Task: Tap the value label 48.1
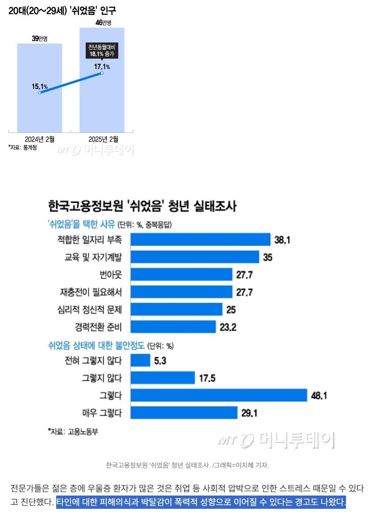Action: (x=319, y=396)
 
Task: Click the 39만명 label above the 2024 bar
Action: (x=39, y=39)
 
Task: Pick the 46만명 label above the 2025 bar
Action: (x=102, y=23)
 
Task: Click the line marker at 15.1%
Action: (x=40, y=93)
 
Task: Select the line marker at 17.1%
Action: (x=102, y=73)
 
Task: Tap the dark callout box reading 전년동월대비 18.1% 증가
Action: (x=102, y=51)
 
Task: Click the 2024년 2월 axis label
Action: (x=39, y=139)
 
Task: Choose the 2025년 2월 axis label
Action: (x=103, y=139)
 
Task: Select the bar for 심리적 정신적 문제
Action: (x=177, y=310)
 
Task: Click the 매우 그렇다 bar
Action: (x=184, y=413)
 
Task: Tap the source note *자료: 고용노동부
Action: (x=73, y=431)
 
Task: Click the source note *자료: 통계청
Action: (x=23, y=148)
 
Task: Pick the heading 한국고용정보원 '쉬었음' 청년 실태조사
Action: (x=142, y=206)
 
